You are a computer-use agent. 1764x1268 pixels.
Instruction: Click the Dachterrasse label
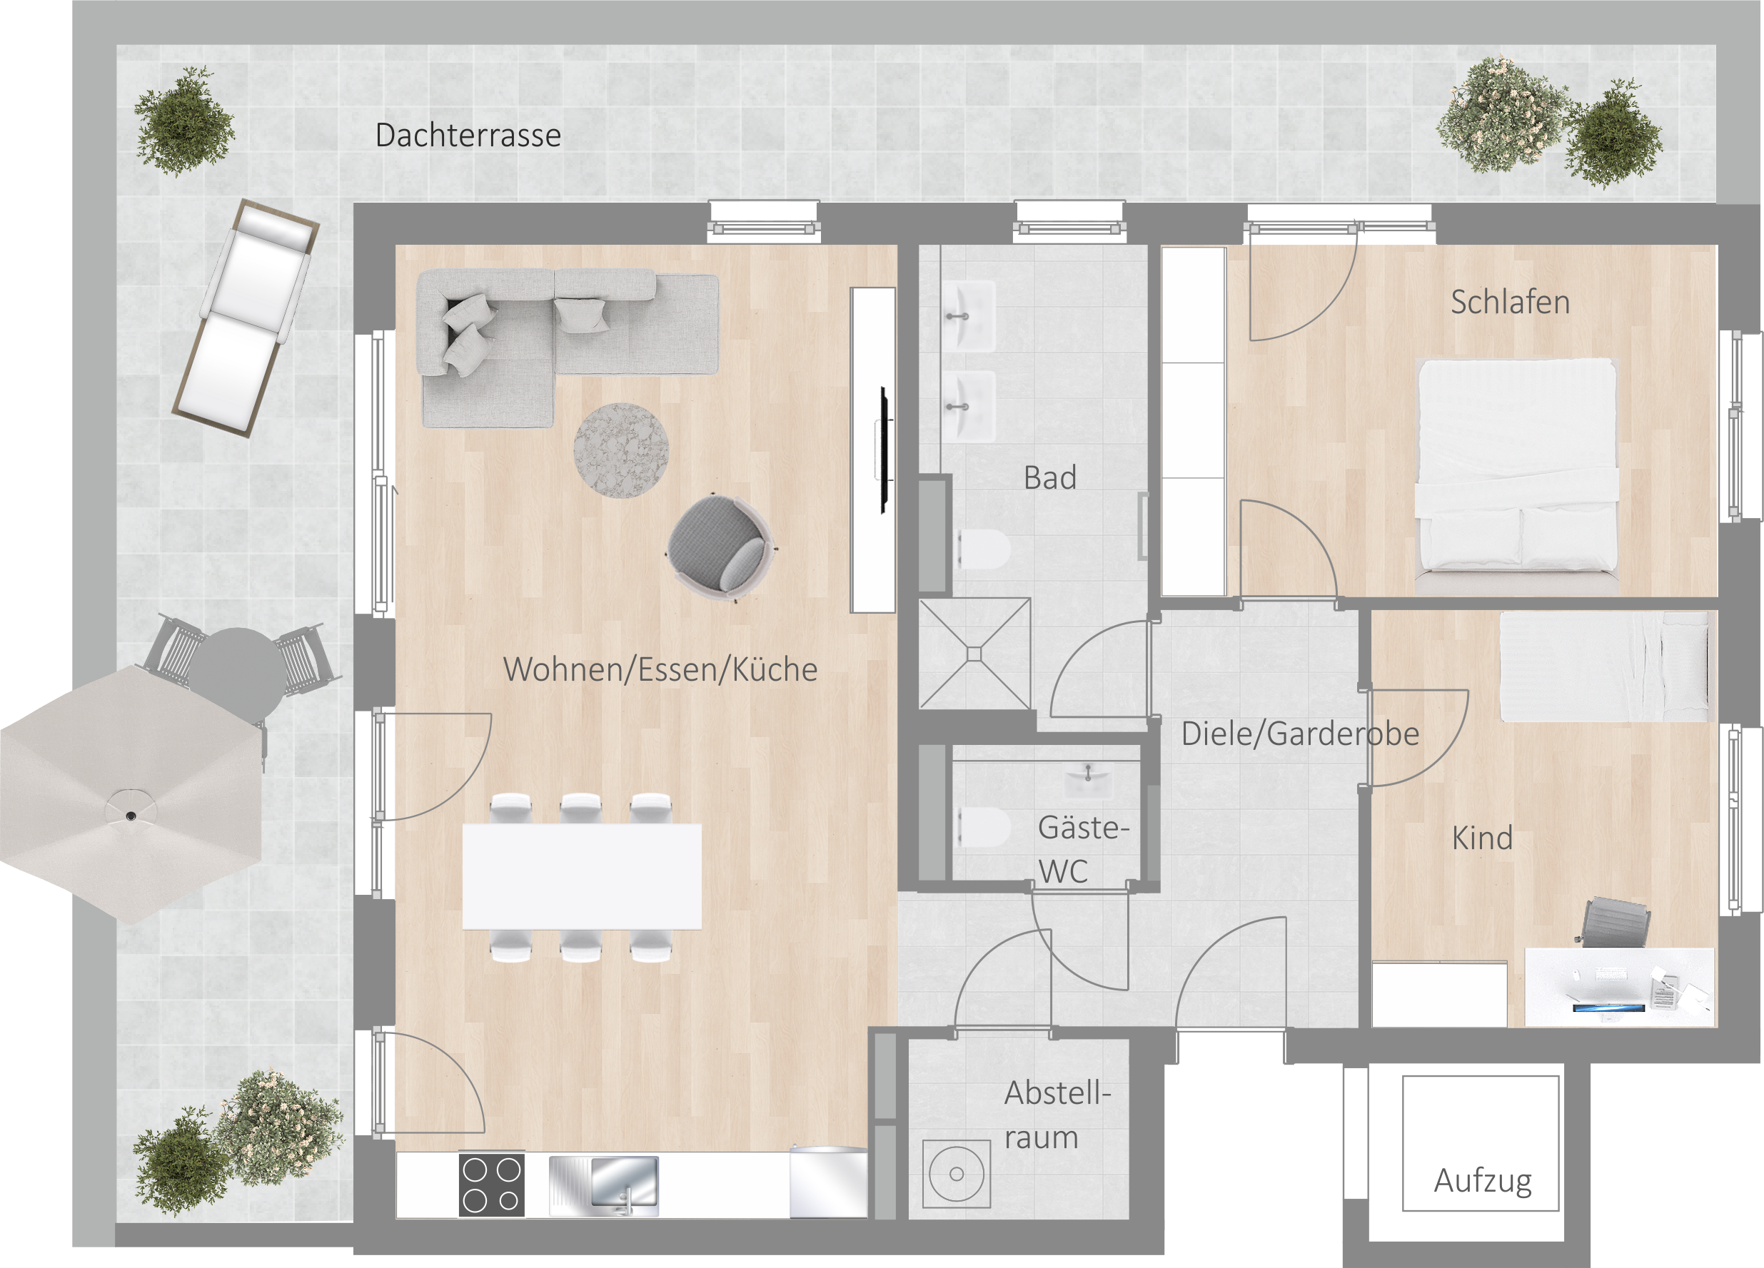pos(468,136)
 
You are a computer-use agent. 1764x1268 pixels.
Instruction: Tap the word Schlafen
pos(1510,303)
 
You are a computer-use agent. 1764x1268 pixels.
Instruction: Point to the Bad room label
pos(1050,478)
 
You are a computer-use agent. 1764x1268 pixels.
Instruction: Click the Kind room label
pos(1482,838)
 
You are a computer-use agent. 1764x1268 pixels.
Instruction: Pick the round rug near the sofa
pos(620,450)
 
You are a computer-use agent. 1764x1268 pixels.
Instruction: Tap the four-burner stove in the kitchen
pos(492,1184)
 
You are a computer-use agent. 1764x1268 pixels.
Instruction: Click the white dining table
pos(582,877)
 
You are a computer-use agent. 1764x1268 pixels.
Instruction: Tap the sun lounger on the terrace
pos(245,318)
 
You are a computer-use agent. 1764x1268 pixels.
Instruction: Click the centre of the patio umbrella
pos(131,816)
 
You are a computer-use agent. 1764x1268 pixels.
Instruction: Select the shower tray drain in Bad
pos(974,654)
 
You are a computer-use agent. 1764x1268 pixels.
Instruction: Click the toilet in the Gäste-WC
pos(982,826)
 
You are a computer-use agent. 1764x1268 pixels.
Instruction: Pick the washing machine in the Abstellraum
pos(956,1174)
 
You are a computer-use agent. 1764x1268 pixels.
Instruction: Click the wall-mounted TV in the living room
pos(884,450)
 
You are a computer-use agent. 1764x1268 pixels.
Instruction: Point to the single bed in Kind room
pos(1606,666)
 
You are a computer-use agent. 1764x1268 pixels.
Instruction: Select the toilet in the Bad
pos(983,549)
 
